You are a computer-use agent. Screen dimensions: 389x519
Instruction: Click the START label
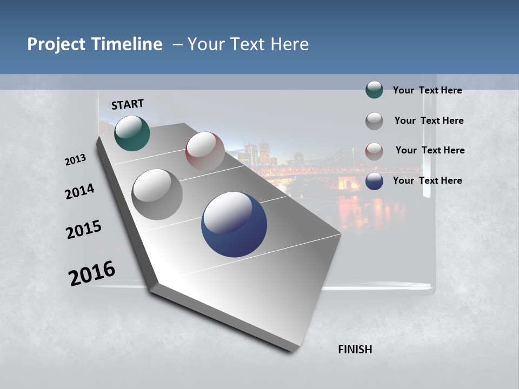click(x=128, y=104)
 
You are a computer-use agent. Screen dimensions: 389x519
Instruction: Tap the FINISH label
click(x=355, y=350)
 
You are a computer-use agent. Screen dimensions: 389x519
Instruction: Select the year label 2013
click(x=75, y=160)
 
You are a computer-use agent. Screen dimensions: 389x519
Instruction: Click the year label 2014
click(x=79, y=192)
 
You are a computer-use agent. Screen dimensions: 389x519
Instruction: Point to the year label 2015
click(x=84, y=230)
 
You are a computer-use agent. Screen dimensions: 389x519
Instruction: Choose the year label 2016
click(x=92, y=273)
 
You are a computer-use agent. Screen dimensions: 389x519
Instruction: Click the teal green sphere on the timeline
click(x=132, y=133)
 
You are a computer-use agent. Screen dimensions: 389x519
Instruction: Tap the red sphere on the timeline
click(x=205, y=151)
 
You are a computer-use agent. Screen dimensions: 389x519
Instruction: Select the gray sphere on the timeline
click(x=157, y=194)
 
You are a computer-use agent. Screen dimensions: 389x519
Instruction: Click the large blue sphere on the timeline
click(x=234, y=224)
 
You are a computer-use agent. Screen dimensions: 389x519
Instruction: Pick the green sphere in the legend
click(x=374, y=90)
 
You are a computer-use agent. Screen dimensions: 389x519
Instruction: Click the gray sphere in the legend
click(x=374, y=120)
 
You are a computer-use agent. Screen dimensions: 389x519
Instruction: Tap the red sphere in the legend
click(x=374, y=151)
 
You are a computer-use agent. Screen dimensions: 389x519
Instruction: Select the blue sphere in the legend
click(x=374, y=181)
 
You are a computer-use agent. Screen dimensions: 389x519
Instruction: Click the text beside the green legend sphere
click(x=427, y=90)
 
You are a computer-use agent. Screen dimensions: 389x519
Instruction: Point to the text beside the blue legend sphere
click(x=427, y=180)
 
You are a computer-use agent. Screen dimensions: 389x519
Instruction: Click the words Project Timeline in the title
click(x=95, y=44)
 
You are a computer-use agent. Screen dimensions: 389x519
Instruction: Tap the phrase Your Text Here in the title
click(x=248, y=44)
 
